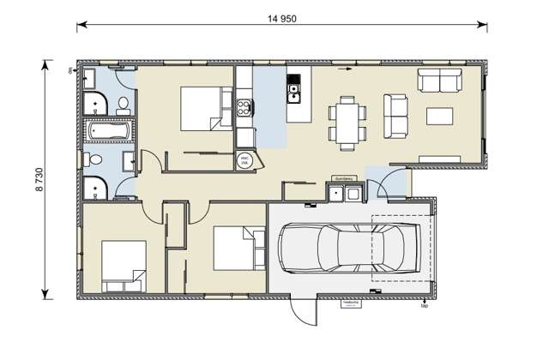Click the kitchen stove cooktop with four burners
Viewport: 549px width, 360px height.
[x=244, y=107]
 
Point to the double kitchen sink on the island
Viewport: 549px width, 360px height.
[x=294, y=86]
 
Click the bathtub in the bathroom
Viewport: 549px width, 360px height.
[x=107, y=133]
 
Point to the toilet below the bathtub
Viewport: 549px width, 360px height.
[x=96, y=160]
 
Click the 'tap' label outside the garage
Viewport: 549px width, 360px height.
[x=424, y=305]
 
